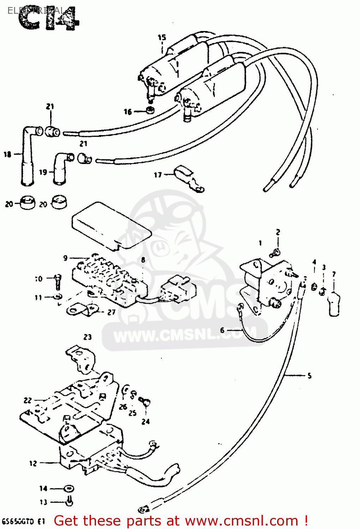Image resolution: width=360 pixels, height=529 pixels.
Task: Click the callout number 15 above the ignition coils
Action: point(162,37)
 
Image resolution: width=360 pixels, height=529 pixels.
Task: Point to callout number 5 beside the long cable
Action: point(309,376)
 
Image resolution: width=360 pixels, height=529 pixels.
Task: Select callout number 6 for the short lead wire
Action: point(222,330)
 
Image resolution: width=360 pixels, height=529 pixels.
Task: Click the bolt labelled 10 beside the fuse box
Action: point(58,281)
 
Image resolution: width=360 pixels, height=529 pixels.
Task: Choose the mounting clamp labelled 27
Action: point(82,310)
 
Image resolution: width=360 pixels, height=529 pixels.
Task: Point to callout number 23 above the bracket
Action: point(88,337)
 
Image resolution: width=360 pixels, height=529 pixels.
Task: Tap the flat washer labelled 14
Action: point(68,488)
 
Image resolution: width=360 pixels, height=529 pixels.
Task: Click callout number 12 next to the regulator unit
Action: point(33,463)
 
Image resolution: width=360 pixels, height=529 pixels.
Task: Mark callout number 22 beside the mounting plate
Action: point(28,400)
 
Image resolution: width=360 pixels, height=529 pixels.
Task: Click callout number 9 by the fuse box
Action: point(65,258)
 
